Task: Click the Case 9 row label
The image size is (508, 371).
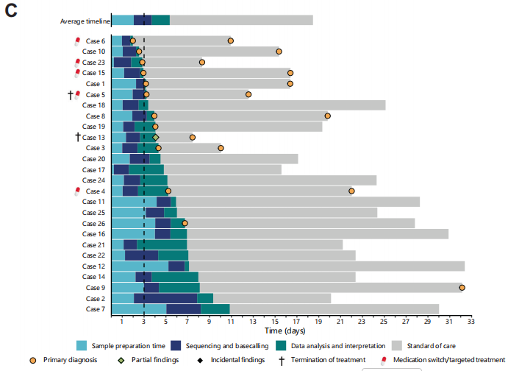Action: pyautogui.click(x=96, y=288)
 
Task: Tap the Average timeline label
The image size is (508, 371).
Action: pyautogui.click(x=85, y=21)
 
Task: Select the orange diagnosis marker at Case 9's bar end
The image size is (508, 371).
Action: pyautogui.click(x=462, y=288)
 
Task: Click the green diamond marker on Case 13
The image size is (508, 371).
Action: pyautogui.click(x=155, y=137)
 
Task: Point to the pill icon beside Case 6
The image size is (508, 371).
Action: pyautogui.click(x=77, y=41)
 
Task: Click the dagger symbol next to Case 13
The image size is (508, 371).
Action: pyautogui.click(x=77, y=137)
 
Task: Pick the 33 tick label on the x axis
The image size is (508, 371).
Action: pyautogui.click(x=471, y=321)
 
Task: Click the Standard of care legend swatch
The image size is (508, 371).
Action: pyautogui.click(x=396, y=344)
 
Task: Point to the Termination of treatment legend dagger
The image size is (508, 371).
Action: pyautogui.click(x=282, y=360)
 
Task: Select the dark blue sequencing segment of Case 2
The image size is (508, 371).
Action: pyautogui.click(x=165, y=298)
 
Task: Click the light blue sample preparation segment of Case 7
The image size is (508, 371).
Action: pyautogui.click(x=139, y=309)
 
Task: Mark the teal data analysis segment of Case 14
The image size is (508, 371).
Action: pyautogui.click(x=175, y=277)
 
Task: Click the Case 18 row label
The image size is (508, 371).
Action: pyautogui.click(x=96, y=105)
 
